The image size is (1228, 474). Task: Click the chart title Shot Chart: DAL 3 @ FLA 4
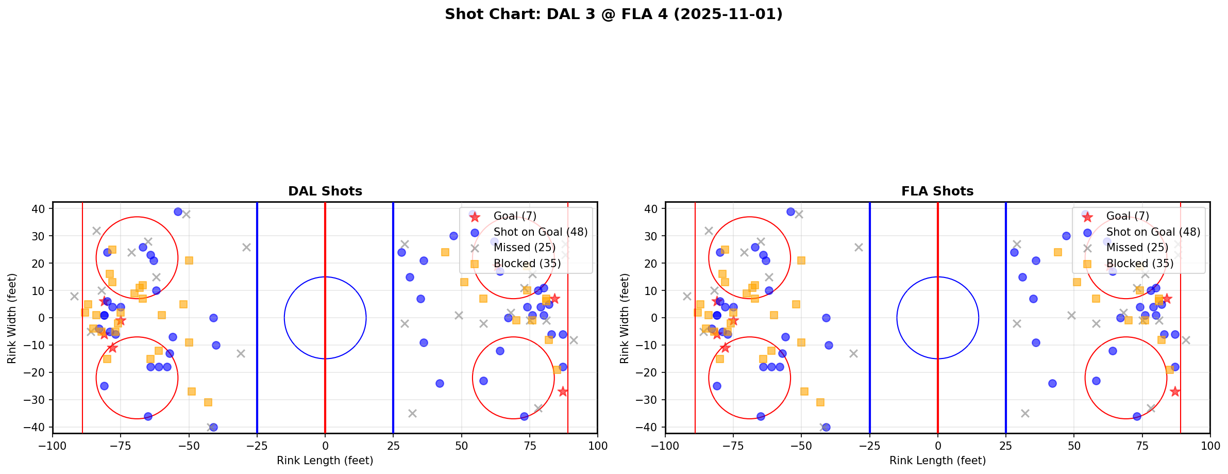[613, 14]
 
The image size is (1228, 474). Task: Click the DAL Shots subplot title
[325, 191]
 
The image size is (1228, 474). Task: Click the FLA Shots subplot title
[937, 191]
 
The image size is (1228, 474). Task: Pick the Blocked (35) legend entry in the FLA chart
[1139, 264]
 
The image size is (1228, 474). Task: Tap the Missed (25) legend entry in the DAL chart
[524, 248]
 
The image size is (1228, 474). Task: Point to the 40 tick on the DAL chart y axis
[39, 209]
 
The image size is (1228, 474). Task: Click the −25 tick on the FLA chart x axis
[869, 445]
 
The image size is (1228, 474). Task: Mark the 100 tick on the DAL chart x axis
[597, 445]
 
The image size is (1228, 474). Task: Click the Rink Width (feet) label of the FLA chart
[625, 318]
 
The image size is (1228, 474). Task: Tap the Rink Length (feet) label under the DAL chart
[325, 461]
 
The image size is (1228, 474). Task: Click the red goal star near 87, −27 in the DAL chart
[562, 391]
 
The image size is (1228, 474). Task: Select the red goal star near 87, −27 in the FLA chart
[1174, 391]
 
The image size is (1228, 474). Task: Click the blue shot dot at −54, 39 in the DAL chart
[178, 211]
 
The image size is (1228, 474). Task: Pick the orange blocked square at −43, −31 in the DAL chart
[208, 402]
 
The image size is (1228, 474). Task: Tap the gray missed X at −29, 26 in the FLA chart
[859, 247]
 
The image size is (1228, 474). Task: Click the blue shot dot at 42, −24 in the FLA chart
[1052, 383]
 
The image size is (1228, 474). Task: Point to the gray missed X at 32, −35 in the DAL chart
[412, 413]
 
